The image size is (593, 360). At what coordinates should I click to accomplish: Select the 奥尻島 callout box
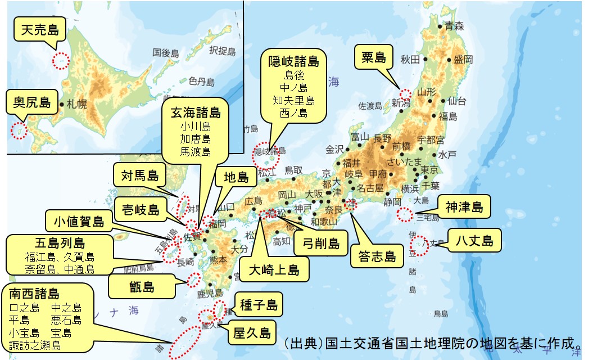[32, 102]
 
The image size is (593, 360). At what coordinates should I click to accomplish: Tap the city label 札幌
[76, 104]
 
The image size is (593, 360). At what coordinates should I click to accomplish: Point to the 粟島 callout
[373, 57]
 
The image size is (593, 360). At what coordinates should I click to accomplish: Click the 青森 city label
[454, 25]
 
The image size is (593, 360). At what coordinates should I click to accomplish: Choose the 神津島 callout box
[464, 207]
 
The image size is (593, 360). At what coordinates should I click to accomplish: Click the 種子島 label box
[259, 305]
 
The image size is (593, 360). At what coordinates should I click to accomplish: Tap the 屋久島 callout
[252, 331]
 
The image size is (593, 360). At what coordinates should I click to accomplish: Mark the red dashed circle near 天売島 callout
[60, 60]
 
